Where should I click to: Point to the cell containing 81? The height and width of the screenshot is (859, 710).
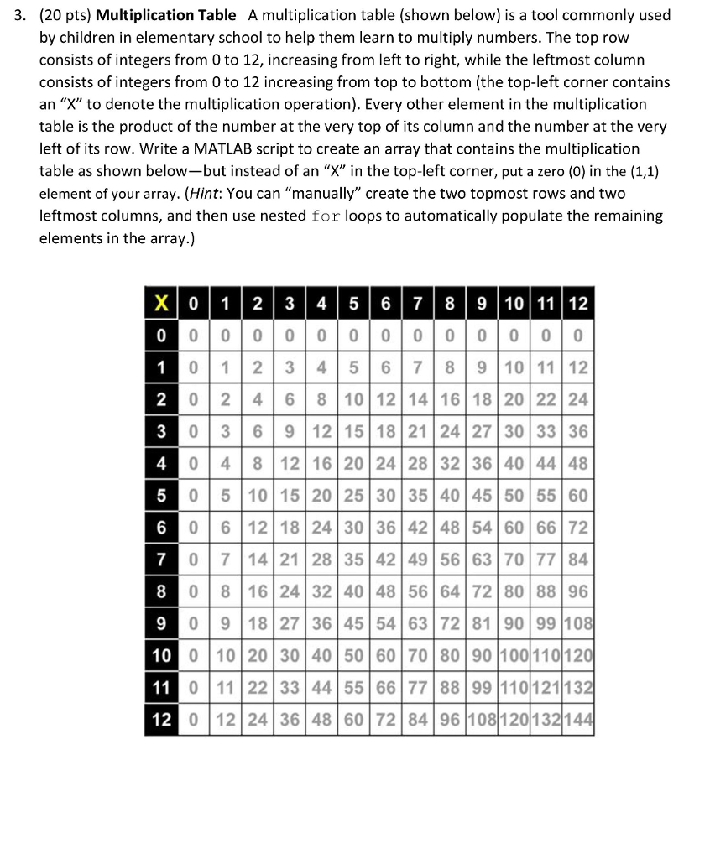click(481, 624)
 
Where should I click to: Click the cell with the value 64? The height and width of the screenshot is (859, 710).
click(449, 592)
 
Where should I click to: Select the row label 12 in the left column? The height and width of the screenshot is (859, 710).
click(159, 721)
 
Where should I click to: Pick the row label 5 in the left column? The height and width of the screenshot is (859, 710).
click(159, 495)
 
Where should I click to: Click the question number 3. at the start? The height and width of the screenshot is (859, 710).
click(23, 16)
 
